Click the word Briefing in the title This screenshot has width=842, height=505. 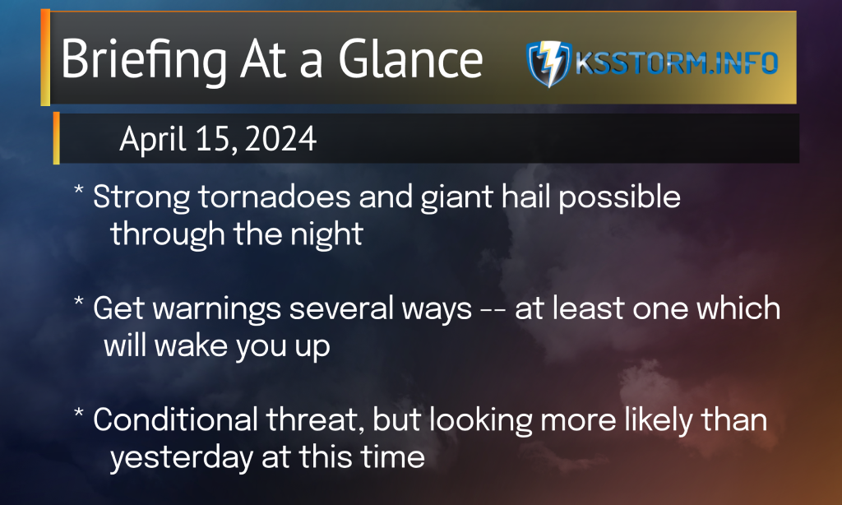144,60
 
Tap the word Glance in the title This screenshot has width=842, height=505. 410,59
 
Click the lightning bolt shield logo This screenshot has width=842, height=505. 548,63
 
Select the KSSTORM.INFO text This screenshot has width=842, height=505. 677,63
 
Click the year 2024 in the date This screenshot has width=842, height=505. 280,139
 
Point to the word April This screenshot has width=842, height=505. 153,140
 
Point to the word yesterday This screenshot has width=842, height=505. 182,458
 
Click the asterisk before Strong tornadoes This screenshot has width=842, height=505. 78,190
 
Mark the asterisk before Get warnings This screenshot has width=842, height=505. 78,301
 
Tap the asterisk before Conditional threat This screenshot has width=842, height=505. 78,413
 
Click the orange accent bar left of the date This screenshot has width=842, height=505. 57,138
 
